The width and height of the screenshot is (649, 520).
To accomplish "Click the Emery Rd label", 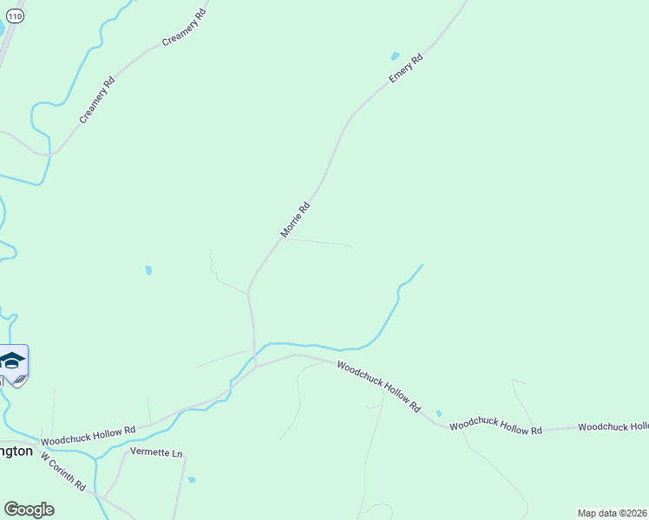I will coord(405,68).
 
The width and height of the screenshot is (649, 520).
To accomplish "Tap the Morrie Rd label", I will coord(295,220).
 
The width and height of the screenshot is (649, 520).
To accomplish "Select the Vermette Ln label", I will coord(156,453).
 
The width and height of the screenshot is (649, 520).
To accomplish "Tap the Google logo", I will coord(29,509).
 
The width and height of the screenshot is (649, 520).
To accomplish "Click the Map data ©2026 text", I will coord(612,513).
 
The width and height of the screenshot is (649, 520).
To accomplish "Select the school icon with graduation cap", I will coord(12,361).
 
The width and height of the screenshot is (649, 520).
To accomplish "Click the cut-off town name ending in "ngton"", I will coord(16,452).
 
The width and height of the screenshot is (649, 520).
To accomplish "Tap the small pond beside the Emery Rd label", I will coord(395,55).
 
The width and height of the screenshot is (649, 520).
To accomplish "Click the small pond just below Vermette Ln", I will coord(191,479).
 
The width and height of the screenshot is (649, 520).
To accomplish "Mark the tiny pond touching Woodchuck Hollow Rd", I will coord(438,413).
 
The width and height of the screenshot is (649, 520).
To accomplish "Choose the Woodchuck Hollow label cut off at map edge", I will coord(613,426).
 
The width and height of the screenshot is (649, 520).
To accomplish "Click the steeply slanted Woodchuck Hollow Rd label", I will coord(378,387).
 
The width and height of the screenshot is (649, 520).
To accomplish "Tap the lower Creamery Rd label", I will coord(97,101).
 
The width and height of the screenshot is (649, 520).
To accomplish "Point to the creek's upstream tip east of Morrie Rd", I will coord(423,264).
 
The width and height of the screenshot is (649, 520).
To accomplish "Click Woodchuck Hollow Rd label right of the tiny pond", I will coord(495,425).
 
